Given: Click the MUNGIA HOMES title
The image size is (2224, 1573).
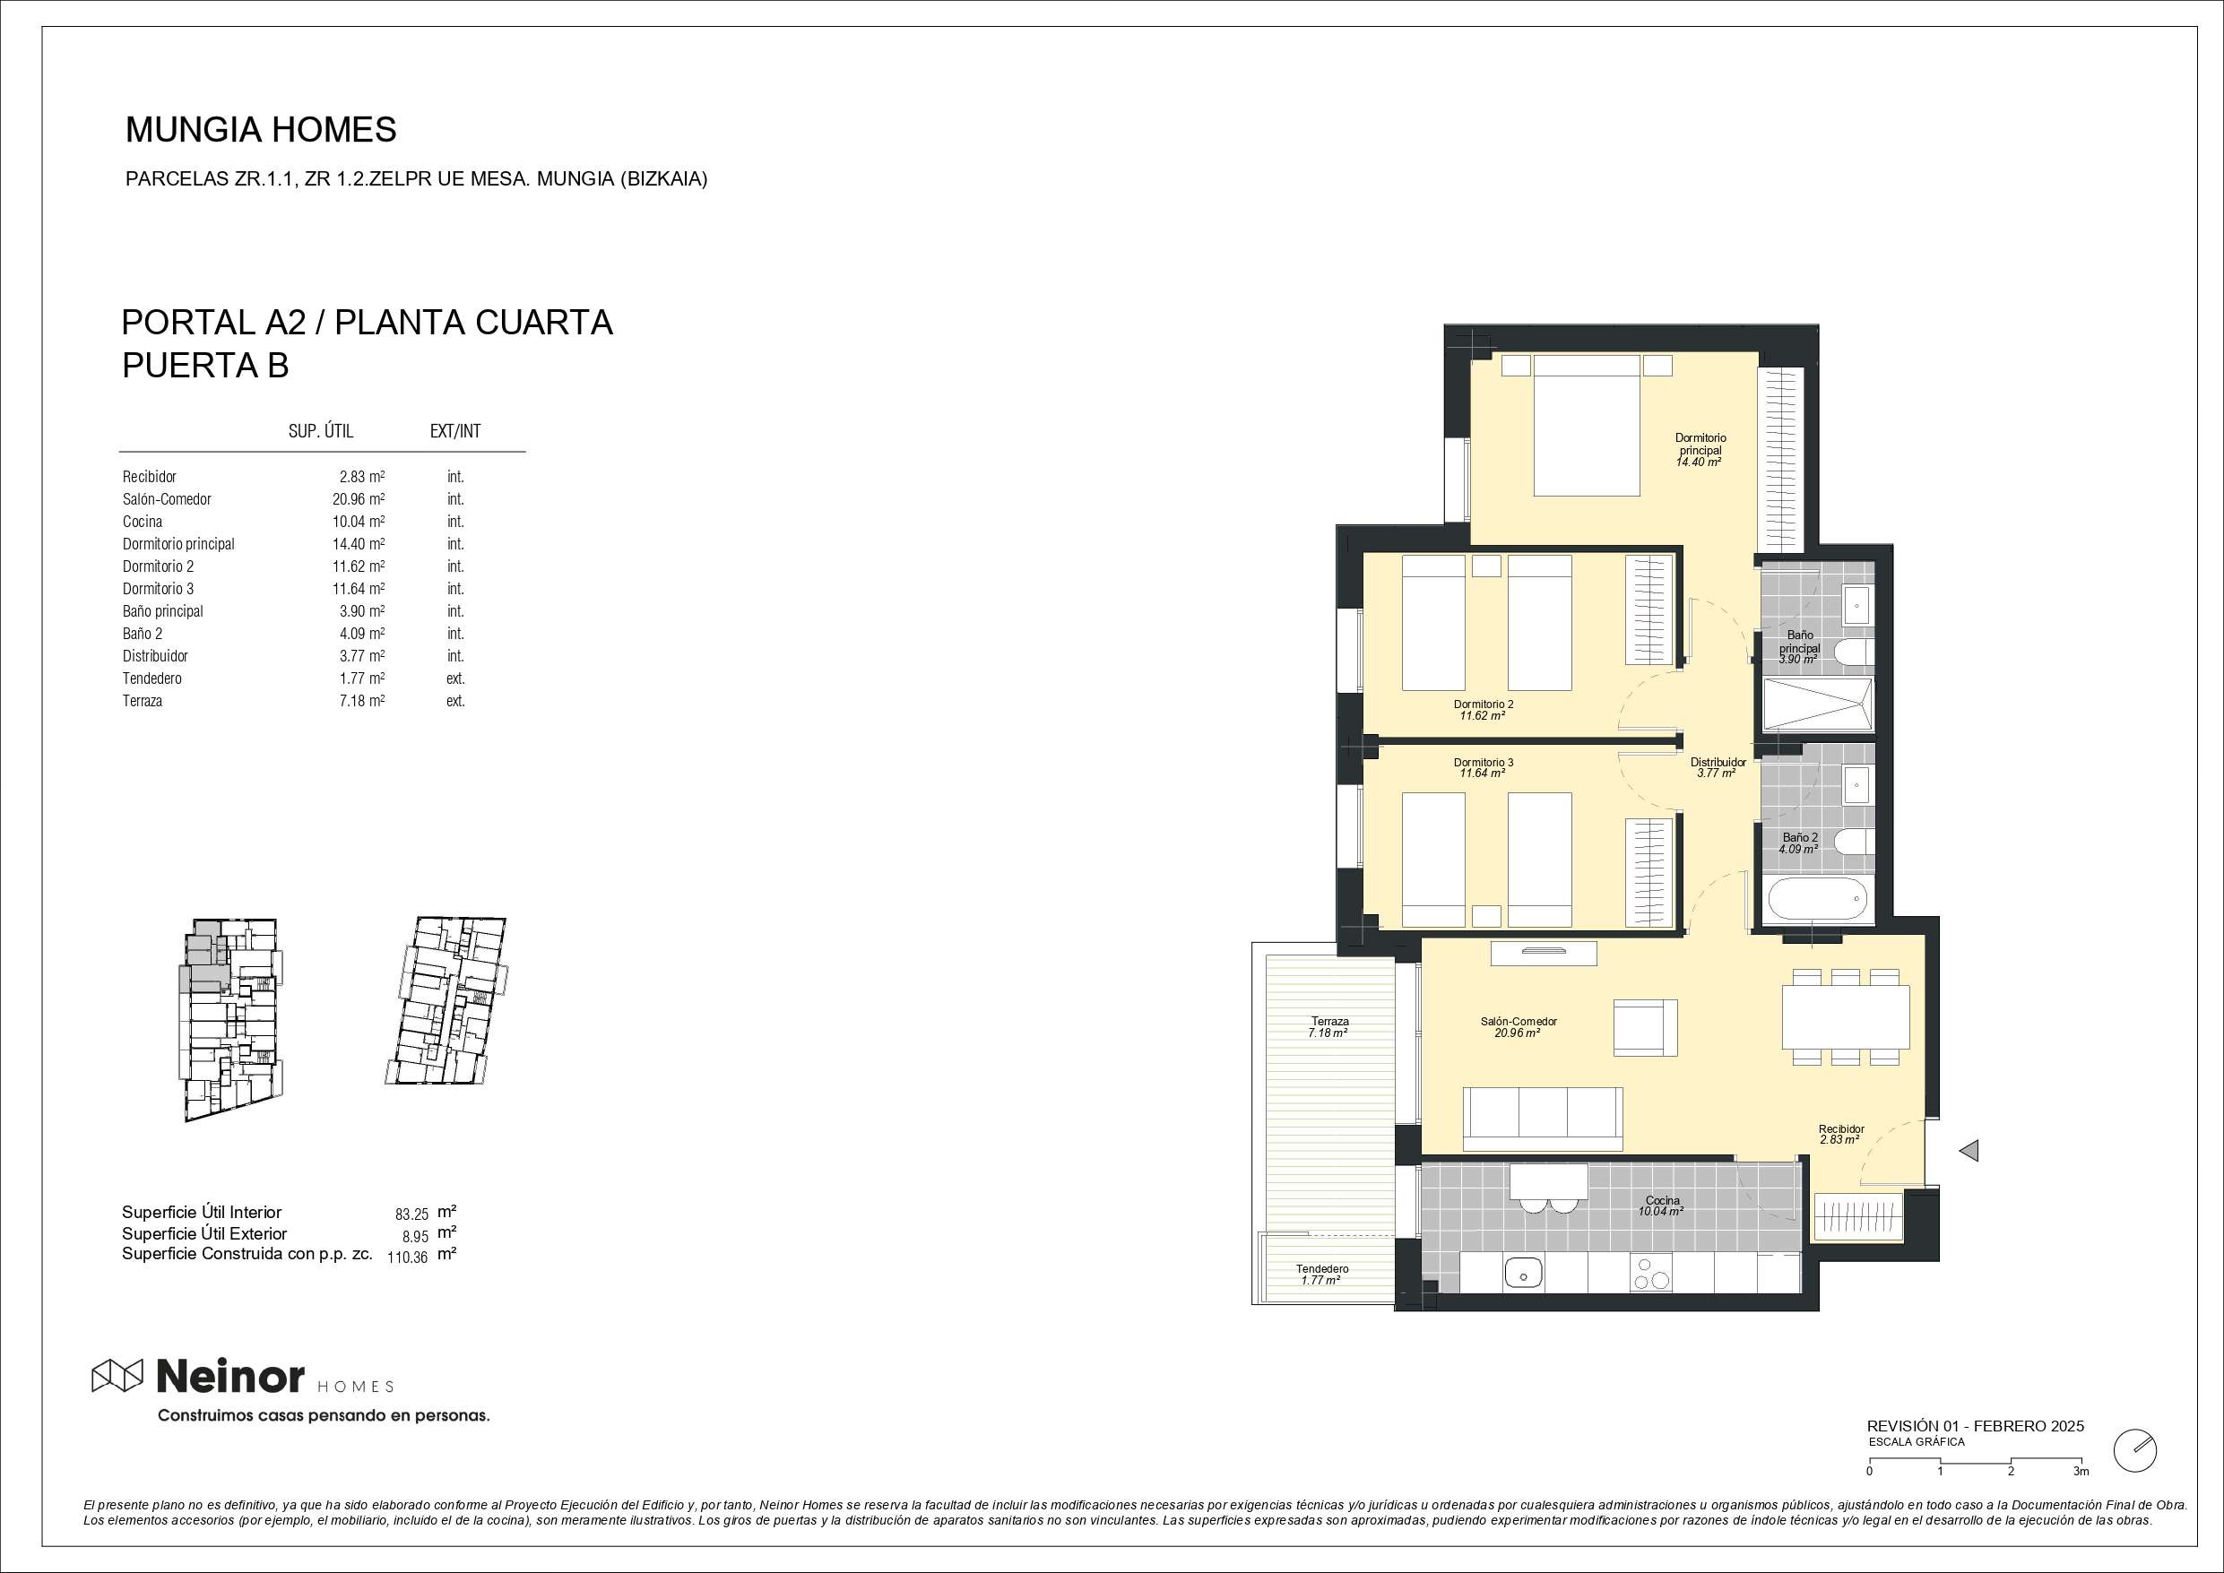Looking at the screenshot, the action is tap(262, 130).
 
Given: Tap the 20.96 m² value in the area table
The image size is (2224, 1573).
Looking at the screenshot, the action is tap(359, 499).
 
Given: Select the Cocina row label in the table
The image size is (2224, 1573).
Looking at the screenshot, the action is tap(143, 521).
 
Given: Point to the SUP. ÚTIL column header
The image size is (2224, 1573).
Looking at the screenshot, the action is tap(321, 431).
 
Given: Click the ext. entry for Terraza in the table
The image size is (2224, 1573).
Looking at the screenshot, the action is tap(455, 700).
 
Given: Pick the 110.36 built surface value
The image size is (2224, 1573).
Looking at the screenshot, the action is tap(407, 1258).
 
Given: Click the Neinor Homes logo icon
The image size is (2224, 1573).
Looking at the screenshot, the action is tap(117, 1376).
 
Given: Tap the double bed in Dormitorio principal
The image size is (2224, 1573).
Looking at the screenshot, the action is tap(1588, 425).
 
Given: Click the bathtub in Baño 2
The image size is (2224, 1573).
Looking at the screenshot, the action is tap(1818, 901).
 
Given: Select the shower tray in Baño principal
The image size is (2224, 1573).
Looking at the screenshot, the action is tap(1817, 704).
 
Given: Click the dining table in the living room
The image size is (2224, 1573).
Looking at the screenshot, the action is tap(1847, 1017).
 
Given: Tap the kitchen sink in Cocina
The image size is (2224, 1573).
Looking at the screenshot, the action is tap(1524, 1273).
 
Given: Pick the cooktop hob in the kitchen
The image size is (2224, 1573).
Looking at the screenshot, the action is tap(1651, 1273).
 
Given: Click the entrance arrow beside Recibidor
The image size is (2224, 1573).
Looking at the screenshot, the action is tap(1969, 1151).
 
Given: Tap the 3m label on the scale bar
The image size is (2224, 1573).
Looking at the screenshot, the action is tap(2081, 1499).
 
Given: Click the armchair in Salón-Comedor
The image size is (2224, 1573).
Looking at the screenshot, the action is tap(1645, 1028).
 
